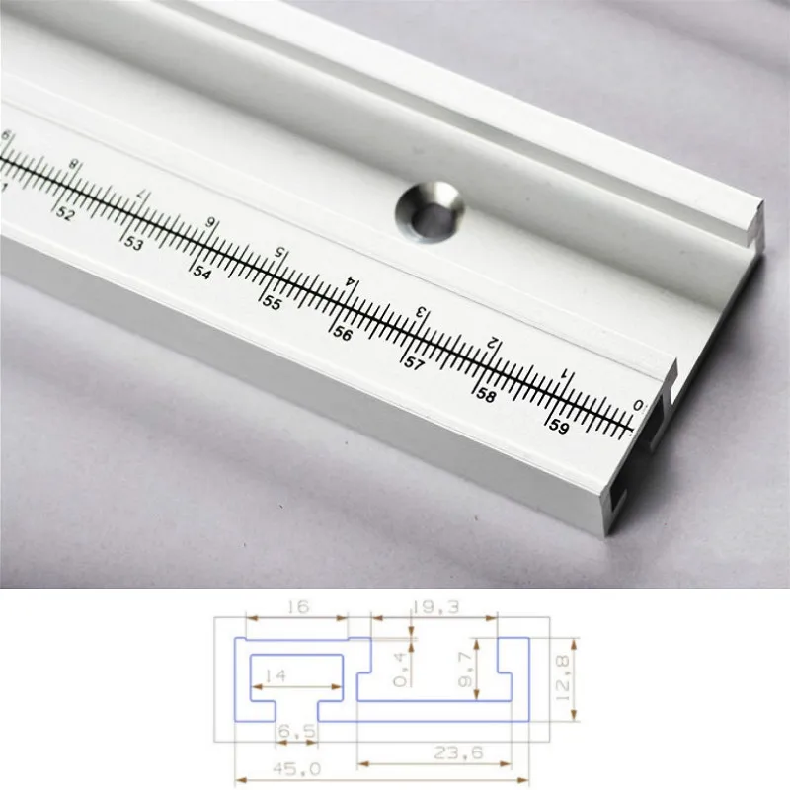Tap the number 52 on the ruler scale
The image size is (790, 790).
coord(65,212)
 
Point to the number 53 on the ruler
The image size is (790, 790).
coord(133,243)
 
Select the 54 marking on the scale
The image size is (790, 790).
coord(201,273)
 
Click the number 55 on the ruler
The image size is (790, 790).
coord(272,303)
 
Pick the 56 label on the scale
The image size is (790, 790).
coord(342,334)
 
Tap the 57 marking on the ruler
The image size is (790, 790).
coord(413,364)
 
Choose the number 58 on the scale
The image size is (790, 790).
coord(485,395)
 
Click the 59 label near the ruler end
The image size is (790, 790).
coord(558,427)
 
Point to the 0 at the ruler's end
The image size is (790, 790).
coord(637,404)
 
